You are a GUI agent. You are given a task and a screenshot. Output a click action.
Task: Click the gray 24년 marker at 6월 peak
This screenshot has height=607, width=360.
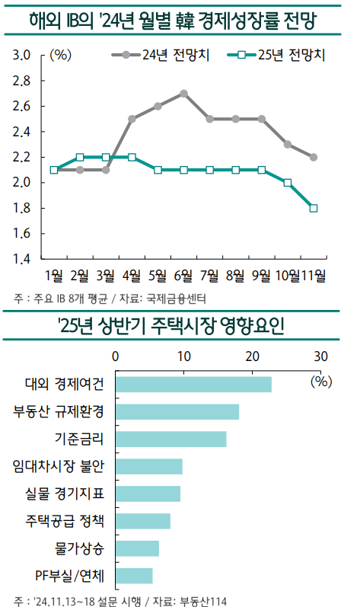tap(184, 94)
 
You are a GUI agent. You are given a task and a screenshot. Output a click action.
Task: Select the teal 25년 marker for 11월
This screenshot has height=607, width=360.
tap(314, 208)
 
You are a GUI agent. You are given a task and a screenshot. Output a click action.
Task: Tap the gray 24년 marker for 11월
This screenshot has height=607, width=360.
tap(314, 157)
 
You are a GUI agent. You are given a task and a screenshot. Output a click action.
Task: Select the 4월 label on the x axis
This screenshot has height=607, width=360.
tap(131, 275)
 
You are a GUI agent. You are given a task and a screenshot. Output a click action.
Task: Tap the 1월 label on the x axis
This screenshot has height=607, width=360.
tap(53, 275)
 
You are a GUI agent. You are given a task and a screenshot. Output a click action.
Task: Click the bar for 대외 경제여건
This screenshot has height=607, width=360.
tap(193, 385)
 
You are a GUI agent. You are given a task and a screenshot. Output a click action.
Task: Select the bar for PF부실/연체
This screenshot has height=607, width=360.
tap(134, 576)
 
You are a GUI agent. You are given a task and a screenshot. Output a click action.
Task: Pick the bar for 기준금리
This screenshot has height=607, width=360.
tap(170, 439)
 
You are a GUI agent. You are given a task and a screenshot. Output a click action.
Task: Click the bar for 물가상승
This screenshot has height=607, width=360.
tap(137, 548)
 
